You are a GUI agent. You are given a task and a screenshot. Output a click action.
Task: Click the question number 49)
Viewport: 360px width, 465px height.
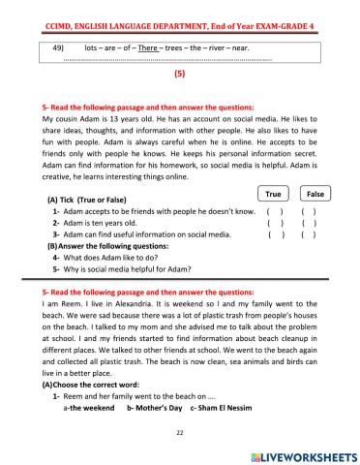tap(57, 46)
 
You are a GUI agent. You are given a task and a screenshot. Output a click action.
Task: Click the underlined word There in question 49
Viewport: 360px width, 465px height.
tap(148, 46)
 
